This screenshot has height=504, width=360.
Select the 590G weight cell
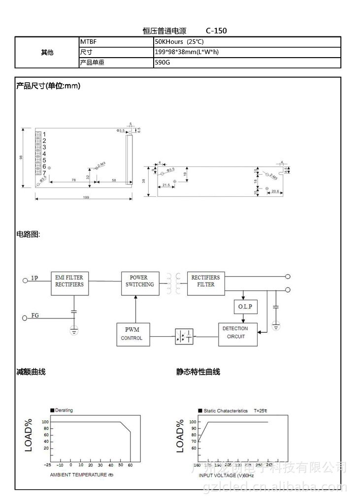point(162,63)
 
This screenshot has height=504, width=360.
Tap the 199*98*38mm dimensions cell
point(187,52)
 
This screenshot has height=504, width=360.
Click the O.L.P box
point(245,307)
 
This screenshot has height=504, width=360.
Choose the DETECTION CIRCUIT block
point(238,334)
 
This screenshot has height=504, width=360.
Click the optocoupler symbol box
point(184,337)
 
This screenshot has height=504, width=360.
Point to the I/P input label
point(34,279)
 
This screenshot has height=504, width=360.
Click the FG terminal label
point(35,315)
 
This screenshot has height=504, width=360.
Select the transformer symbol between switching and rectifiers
point(173,283)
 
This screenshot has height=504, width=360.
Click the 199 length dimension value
point(86,197)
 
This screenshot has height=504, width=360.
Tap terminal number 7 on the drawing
point(44,173)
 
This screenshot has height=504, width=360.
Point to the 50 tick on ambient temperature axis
point(120,465)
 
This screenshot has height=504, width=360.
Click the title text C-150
point(217,31)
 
